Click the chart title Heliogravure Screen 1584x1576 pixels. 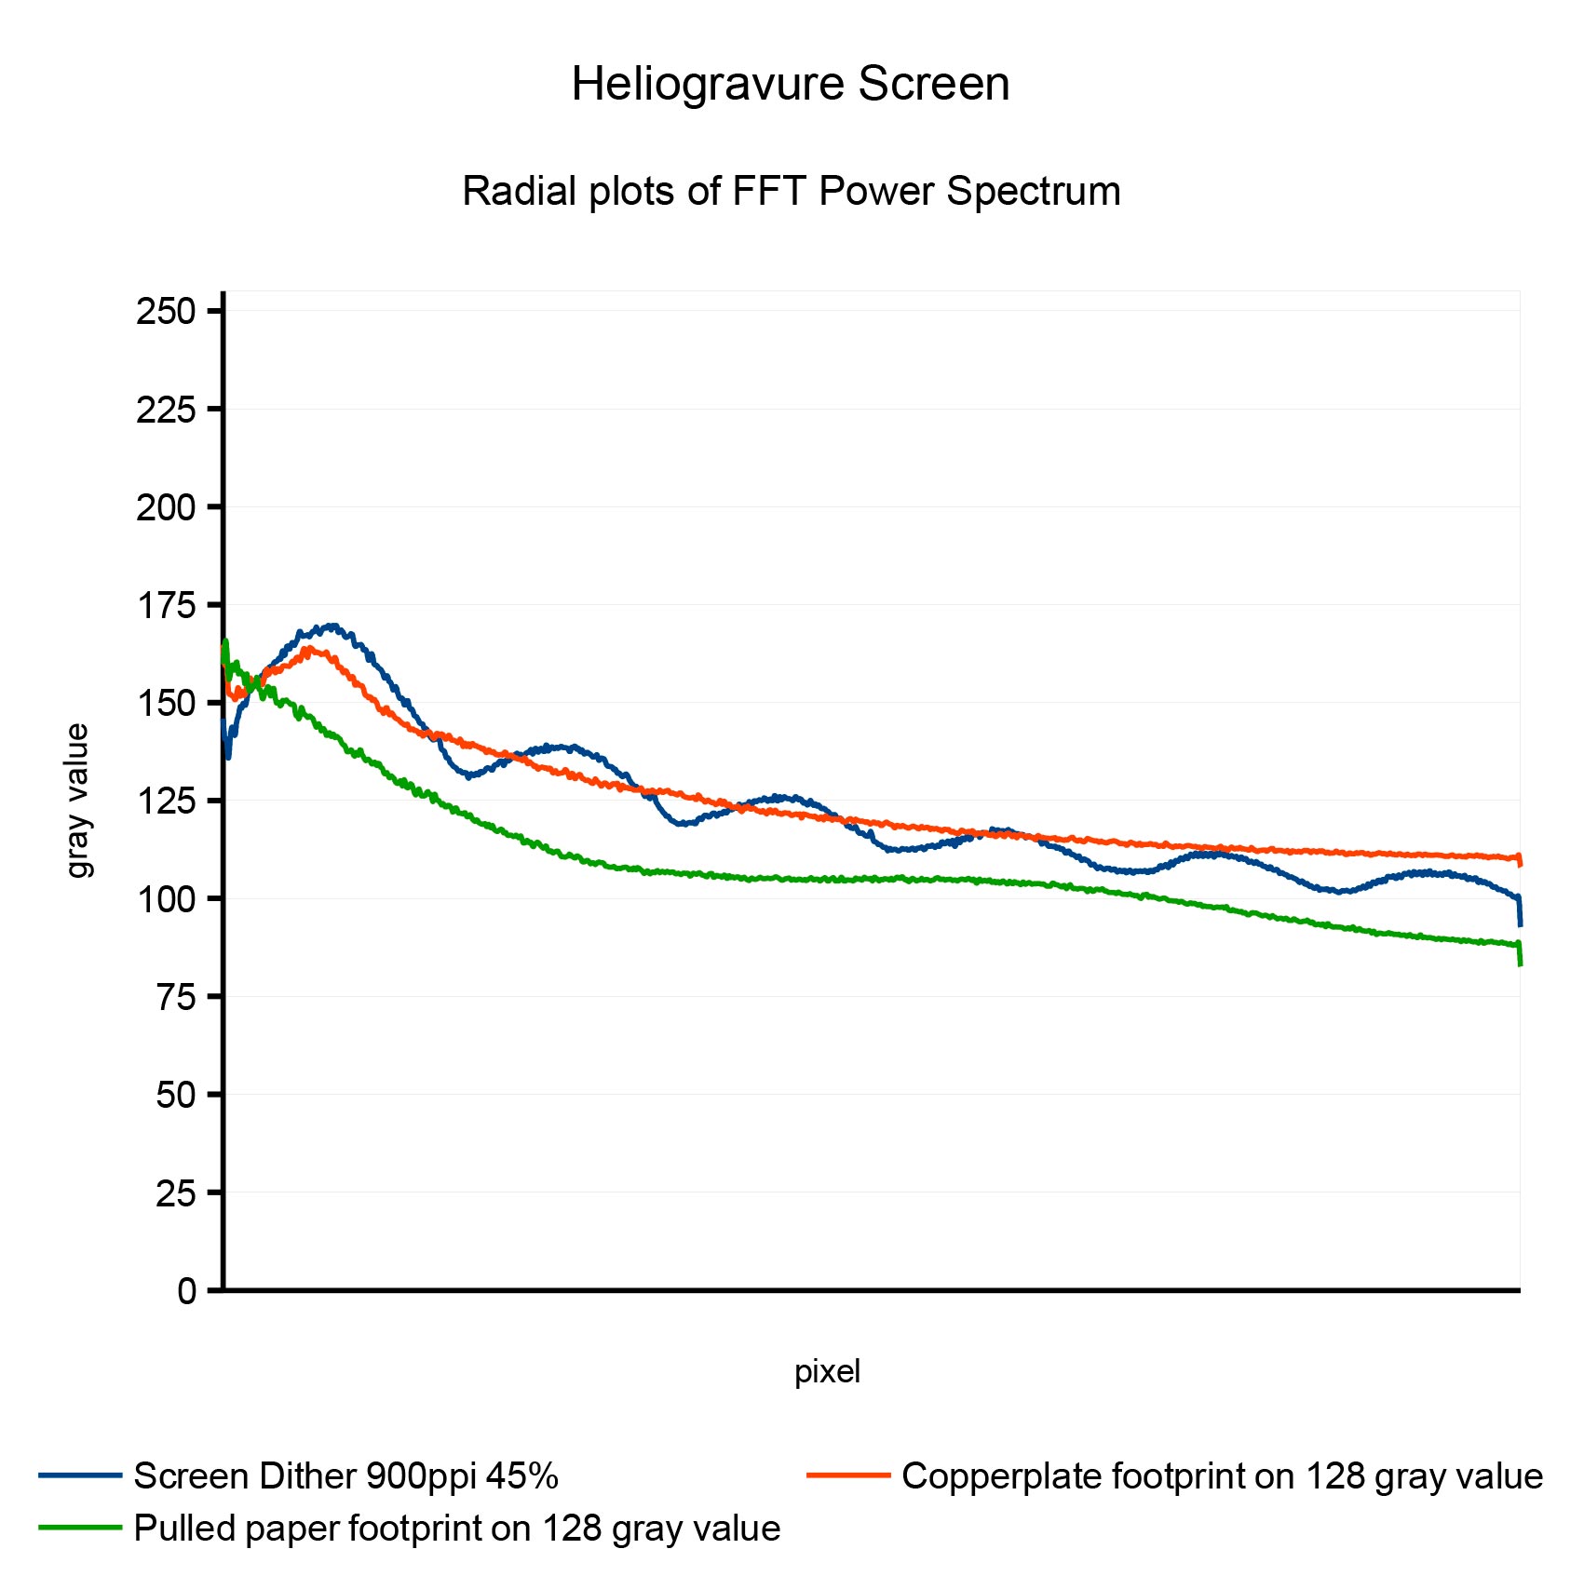click(x=791, y=85)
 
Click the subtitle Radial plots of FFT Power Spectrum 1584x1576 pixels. click(x=791, y=192)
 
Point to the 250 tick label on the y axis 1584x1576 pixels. click(x=166, y=311)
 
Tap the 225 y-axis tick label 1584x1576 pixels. click(x=166, y=409)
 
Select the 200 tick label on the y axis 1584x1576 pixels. click(x=166, y=507)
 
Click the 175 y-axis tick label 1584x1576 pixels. click(x=166, y=605)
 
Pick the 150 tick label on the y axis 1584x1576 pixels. click(x=166, y=703)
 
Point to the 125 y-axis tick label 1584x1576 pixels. click(x=166, y=801)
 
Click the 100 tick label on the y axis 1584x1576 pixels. click(x=166, y=899)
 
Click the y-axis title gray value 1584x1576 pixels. click(x=78, y=801)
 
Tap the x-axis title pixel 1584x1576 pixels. click(x=827, y=1371)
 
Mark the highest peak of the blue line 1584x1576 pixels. click(x=331, y=626)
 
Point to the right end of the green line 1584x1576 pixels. click(x=1520, y=963)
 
